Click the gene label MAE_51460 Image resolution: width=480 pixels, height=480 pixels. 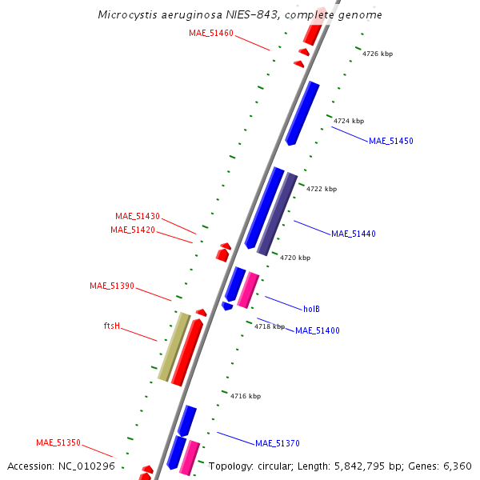click(211, 33)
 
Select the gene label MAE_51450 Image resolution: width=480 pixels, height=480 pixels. click(390, 141)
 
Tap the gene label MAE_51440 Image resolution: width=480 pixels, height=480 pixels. click(353, 234)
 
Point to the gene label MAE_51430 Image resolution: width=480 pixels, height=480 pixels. click(138, 216)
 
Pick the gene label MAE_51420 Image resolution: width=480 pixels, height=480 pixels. click(133, 230)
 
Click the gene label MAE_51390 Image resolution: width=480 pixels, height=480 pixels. click(112, 286)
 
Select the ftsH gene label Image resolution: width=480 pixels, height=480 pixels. click(112, 326)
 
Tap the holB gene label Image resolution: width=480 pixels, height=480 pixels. click(311, 309)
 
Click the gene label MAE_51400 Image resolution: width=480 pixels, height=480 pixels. click(317, 330)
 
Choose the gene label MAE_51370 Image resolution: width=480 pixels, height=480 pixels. click(277, 443)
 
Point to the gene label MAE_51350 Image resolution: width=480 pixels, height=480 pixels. click(58, 442)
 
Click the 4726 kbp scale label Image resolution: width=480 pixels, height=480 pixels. click(378, 54)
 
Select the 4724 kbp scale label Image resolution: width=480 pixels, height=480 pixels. click(349, 121)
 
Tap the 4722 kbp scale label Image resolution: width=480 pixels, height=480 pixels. click(322, 189)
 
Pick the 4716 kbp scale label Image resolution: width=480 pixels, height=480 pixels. click(246, 396)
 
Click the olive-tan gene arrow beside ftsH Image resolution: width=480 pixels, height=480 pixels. click(174, 347)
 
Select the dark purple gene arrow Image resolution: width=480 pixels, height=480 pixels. click(277, 214)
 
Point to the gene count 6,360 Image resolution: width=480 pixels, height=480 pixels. click(456, 466)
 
